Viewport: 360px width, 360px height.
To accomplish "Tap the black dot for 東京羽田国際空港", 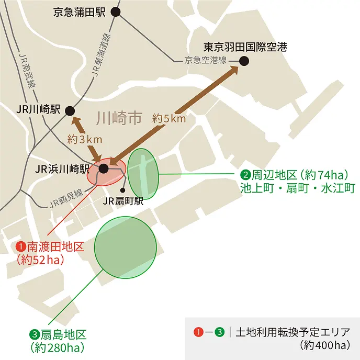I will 244,61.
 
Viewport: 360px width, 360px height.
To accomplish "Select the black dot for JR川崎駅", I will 70,110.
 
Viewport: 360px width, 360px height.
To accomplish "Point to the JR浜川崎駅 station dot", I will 104,168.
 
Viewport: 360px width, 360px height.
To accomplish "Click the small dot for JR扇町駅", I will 122,190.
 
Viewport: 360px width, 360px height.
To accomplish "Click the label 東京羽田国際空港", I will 245,47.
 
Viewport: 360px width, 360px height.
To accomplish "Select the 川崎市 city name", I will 120,118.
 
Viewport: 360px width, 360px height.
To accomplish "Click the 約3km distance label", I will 85,140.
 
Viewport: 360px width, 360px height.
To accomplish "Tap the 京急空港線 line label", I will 205,60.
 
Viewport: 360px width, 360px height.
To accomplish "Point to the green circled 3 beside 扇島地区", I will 35,333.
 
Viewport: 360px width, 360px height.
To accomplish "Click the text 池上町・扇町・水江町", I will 298,187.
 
